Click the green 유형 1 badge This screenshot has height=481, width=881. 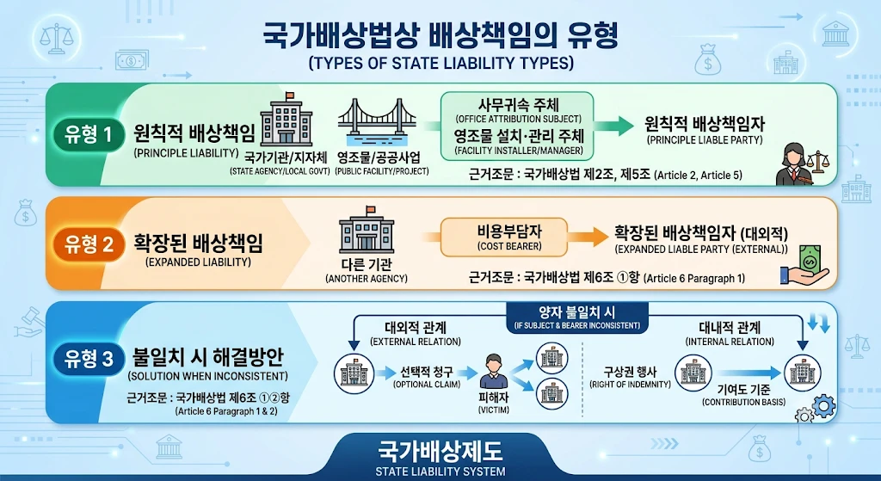pos(89,135)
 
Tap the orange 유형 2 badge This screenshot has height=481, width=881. pos(89,244)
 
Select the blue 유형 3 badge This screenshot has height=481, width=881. pos(89,359)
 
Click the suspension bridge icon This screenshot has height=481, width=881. pos(377,123)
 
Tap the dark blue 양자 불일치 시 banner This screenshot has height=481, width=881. pos(577,318)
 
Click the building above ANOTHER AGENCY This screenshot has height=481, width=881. pos(367,230)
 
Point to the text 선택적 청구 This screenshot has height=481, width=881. pos(427,372)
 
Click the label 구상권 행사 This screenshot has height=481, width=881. pos(630,372)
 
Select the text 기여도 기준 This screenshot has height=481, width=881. pos(744,390)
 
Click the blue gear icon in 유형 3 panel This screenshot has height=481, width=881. pos(823,405)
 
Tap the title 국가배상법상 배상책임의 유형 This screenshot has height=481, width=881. pos(440,36)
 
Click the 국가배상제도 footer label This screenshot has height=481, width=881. pos(440,451)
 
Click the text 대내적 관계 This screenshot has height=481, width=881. pos(730,328)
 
